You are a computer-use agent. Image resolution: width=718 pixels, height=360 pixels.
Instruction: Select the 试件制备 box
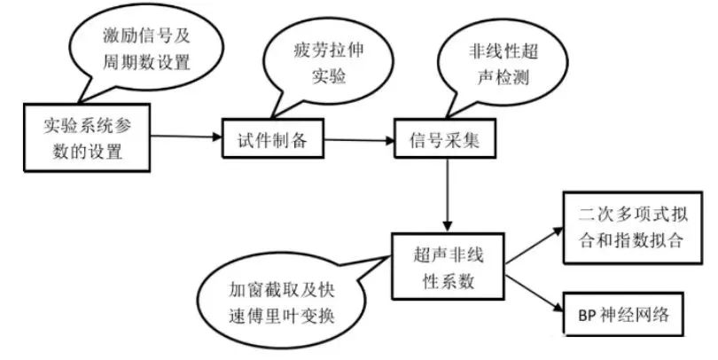coord(269,140)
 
